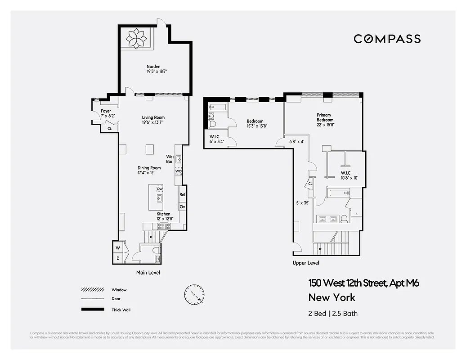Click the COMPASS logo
click(x=387, y=39)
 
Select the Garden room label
click(x=153, y=67)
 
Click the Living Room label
click(x=153, y=117)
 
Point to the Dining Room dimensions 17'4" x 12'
click(x=149, y=173)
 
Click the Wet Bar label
click(x=170, y=159)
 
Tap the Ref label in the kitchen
click(x=182, y=194)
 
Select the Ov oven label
click(x=182, y=207)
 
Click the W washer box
click(x=118, y=248)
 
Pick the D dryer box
click(x=118, y=258)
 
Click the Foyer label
click(x=106, y=111)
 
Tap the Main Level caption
click(x=148, y=273)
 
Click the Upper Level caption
click(x=305, y=263)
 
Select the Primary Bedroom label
click(x=325, y=117)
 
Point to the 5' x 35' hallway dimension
click(x=302, y=203)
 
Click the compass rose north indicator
click(x=194, y=295)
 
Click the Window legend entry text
click(x=119, y=290)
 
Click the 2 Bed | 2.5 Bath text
click(x=333, y=314)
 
